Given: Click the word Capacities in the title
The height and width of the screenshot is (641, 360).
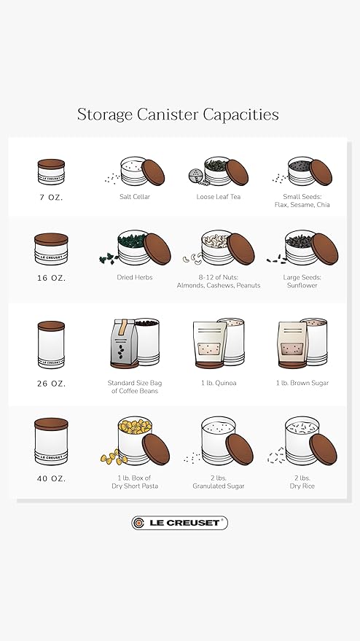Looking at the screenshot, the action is (x=240, y=114).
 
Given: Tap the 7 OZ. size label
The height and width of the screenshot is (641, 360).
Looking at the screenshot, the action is (x=51, y=197).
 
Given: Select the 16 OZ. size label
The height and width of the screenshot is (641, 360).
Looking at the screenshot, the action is (x=51, y=278).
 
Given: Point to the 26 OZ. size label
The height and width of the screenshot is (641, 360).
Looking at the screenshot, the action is (x=51, y=384).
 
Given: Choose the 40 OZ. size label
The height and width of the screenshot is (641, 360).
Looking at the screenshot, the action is (x=51, y=478).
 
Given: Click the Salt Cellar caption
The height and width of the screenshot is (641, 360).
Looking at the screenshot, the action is (x=135, y=197).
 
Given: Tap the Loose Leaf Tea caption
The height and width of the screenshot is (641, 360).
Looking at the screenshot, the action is (x=218, y=197).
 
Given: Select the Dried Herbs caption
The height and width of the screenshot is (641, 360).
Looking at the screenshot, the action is (x=134, y=277).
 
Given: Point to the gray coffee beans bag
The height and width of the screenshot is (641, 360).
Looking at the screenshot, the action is (x=122, y=343).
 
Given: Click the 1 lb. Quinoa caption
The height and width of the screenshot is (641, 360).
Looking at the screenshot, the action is (x=218, y=383).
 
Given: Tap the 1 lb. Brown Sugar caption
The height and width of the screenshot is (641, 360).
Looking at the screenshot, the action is (x=302, y=383).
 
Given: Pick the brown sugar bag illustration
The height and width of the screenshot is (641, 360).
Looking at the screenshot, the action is (x=292, y=344).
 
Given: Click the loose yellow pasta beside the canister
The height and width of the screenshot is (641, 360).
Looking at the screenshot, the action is (x=114, y=457).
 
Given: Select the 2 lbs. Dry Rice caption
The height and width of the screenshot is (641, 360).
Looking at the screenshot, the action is (x=302, y=482).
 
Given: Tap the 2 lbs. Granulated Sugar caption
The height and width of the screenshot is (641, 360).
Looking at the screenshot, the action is (x=218, y=482).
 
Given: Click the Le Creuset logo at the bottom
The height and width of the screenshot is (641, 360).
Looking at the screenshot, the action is (x=180, y=523).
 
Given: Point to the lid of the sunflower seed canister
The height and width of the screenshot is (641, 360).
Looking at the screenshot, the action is (x=325, y=249).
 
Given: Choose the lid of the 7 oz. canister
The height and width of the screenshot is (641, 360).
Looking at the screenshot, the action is (x=51, y=163).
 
